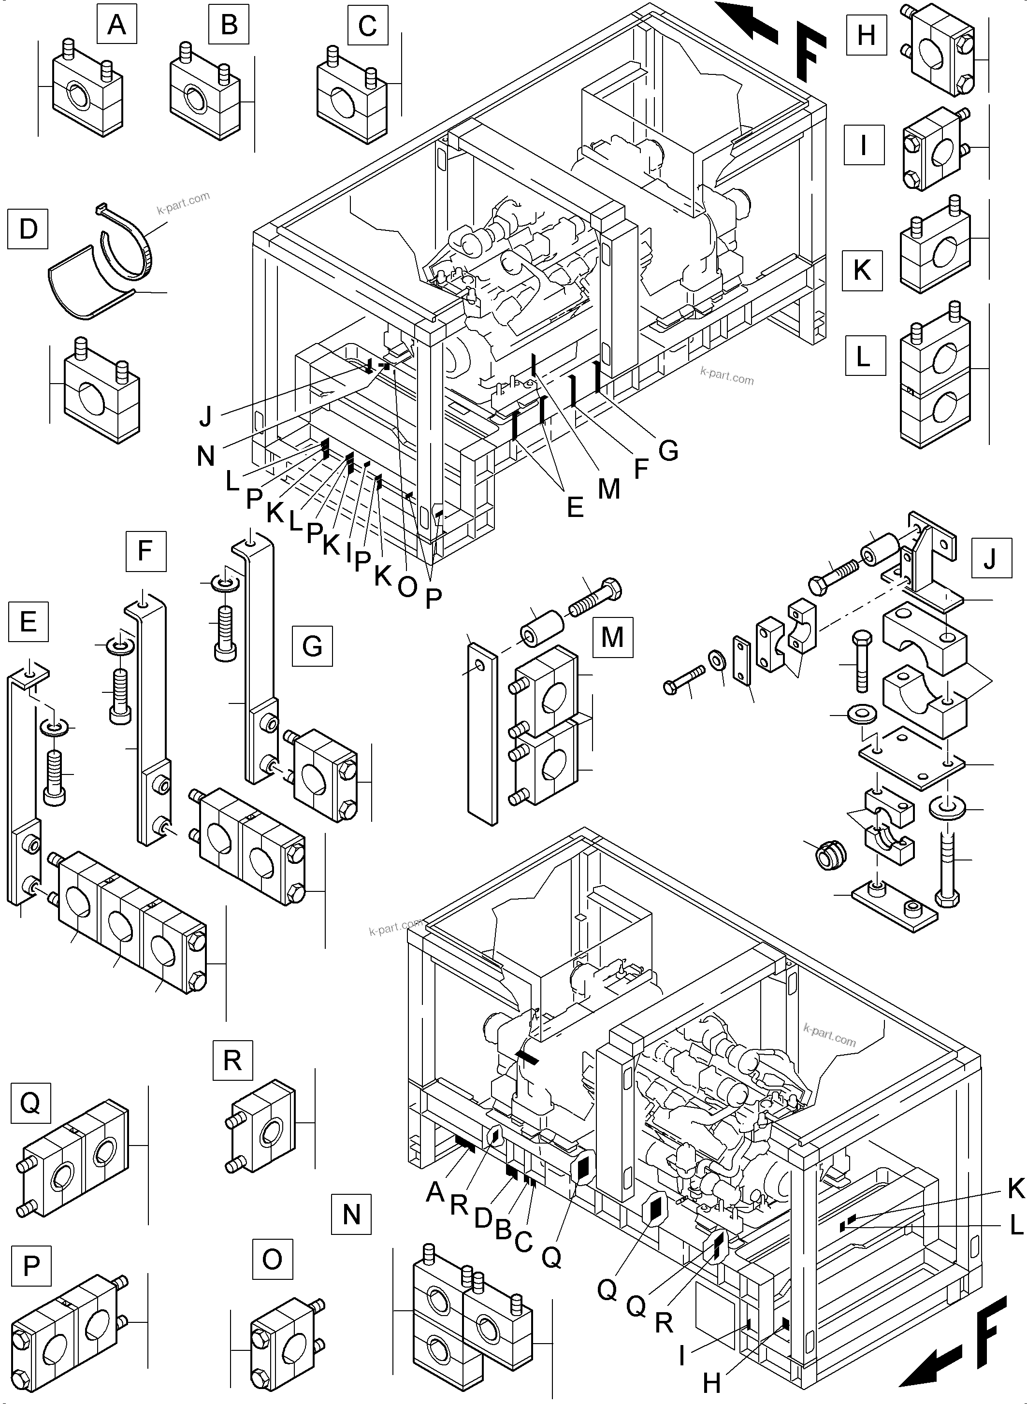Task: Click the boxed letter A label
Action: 116,25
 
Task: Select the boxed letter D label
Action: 28,229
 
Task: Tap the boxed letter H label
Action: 866,35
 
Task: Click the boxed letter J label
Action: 990,559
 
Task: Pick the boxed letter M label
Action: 612,637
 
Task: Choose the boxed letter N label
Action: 351,1214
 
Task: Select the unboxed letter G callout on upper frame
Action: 668,451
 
